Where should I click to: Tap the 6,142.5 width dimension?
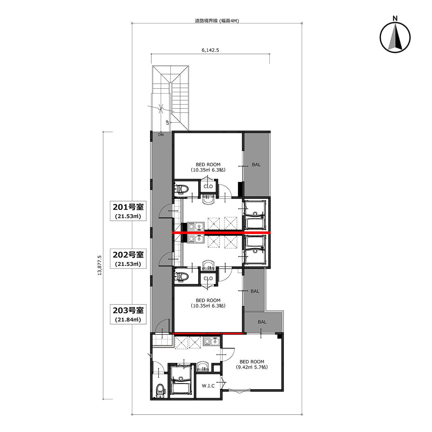[210, 50]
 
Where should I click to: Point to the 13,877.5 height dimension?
[100, 265]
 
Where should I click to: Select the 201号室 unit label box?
[128, 211]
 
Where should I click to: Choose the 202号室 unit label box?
[128, 259]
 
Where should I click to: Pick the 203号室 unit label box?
[128, 314]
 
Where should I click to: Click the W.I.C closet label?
[208, 386]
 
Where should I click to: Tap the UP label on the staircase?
[167, 122]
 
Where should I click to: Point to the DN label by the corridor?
[161, 135]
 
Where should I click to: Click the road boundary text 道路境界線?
[206, 21]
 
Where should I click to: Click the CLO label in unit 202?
[208, 278]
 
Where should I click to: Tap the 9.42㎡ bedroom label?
[252, 367]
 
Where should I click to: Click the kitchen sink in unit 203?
[212, 341]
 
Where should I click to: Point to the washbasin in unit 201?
[209, 200]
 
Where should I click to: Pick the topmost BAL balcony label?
[256, 165]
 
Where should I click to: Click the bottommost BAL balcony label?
[262, 322]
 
